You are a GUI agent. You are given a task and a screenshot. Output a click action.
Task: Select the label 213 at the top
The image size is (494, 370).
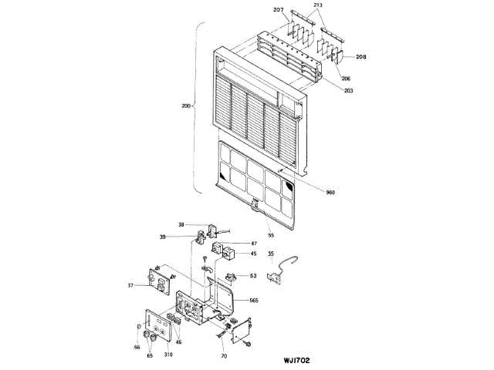tap(316, 5)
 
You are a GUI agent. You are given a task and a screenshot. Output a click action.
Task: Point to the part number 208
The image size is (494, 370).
tap(361, 56)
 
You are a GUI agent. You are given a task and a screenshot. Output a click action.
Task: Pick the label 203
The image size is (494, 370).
tap(348, 91)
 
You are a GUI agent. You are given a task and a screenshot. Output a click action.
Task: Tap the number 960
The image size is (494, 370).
tap(309, 192)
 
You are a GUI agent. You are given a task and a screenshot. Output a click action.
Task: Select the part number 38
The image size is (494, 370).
tap(181, 225)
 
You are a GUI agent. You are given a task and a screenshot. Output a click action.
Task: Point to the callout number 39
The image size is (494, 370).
tap(164, 237)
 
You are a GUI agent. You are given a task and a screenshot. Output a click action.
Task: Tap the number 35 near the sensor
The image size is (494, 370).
tap(271, 253)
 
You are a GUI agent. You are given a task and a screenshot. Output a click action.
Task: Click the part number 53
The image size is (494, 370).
tap(253, 275)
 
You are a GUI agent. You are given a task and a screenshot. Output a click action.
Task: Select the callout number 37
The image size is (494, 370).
tap(130, 286)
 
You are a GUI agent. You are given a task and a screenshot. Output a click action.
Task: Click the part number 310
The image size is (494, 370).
tap(167, 354)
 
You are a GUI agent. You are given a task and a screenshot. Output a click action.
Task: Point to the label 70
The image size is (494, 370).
tap(224, 357)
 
